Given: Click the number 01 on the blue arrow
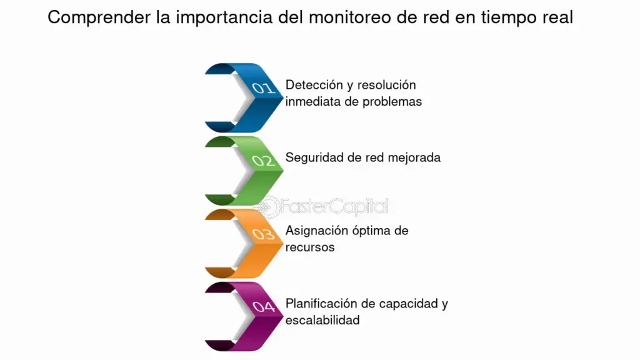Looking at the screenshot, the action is [263, 87].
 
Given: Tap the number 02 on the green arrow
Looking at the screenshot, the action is [263, 161].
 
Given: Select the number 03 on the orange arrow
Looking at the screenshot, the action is [263, 234].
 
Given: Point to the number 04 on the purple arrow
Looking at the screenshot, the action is [264, 306].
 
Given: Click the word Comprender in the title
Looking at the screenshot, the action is [99, 17].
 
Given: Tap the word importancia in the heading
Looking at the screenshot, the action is [224, 17].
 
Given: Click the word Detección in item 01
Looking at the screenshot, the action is [314, 85].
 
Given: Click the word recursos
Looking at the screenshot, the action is [310, 247].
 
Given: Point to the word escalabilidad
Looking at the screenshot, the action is [322, 321].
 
